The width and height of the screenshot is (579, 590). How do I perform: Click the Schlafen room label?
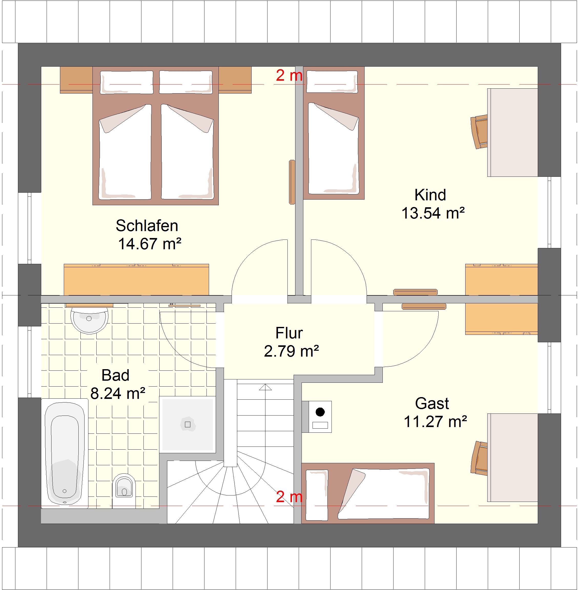pos(147,226)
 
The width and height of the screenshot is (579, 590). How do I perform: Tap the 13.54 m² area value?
pos(433,213)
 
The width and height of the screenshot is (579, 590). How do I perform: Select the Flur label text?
pos(289,333)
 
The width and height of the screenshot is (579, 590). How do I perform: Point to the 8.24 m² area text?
pos(118,393)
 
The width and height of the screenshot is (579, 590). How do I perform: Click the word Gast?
pos(432,403)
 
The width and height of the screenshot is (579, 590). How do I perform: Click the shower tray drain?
pos(188,425)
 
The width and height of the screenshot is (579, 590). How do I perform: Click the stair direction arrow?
pos(265,387)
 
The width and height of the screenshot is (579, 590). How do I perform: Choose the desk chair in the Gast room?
pos(479,458)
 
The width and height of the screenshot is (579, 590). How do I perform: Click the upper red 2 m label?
pos(289,75)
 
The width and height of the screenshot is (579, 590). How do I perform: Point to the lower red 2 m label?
pos(289,497)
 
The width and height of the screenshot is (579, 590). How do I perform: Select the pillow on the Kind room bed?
pos(332,81)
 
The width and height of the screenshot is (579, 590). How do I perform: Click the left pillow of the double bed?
pos(127,82)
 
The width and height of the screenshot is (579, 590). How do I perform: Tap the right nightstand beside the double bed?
pos(235,80)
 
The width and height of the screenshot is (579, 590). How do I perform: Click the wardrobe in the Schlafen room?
pos(136,280)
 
